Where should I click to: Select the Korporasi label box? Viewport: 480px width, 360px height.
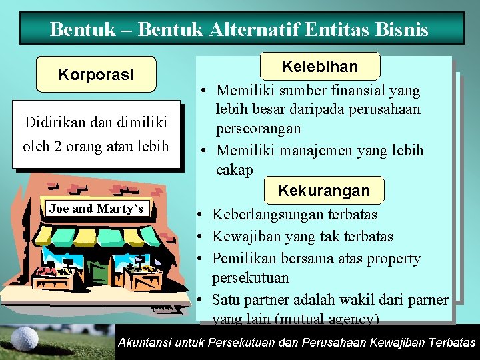pyautogui.click(x=96, y=74)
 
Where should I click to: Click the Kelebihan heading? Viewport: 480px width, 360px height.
pyautogui.click(x=320, y=67)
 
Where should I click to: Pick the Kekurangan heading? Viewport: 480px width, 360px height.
pyautogui.click(x=323, y=191)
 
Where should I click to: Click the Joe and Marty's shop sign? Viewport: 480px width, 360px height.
pyautogui.click(x=96, y=209)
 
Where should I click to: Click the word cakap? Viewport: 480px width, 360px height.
pyautogui.click(x=235, y=170)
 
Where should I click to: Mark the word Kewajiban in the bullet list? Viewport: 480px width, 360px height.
pyautogui.click(x=243, y=237)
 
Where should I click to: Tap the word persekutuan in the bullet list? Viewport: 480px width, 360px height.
pyautogui.click(x=250, y=277)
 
